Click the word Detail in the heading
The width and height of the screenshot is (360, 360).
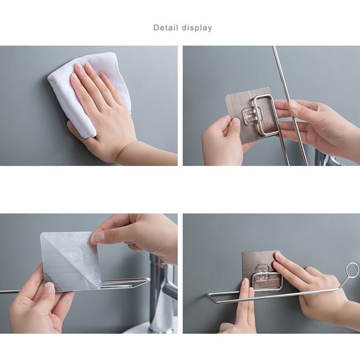pyautogui.click(x=166, y=28)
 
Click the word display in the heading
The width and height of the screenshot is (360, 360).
pyautogui.click(x=197, y=28)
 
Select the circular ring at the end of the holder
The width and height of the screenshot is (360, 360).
pyautogui.click(x=352, y=270)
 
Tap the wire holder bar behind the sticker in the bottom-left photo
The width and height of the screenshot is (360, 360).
pyautogui.click(x=126, y=283)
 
